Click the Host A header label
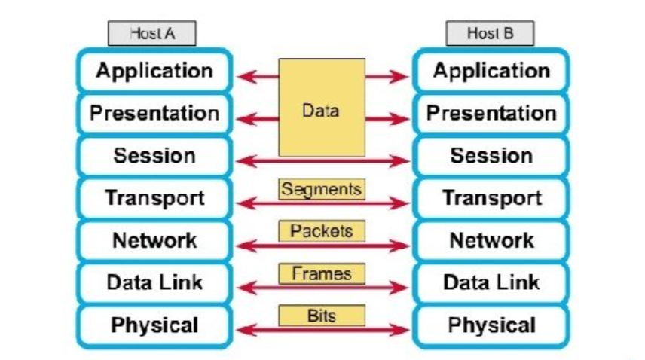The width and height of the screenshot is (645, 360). tap(152, 34)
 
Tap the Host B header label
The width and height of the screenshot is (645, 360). tap(490, 34)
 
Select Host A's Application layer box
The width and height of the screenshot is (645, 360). tap(154, 72)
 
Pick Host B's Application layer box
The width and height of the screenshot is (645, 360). tap(491, 72)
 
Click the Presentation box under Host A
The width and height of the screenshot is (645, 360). tap(154, 114)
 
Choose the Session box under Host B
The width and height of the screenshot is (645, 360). tap(491, 156)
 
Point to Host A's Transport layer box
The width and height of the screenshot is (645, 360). tap(154, 198)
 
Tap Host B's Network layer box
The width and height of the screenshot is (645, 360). tap(491, 240)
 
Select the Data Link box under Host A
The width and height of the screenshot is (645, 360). tap(154, 283)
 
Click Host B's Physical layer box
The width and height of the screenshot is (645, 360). tap(491, 325)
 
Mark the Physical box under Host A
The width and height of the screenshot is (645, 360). tap(154, 325)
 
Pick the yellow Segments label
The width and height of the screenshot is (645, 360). tap(322, 188)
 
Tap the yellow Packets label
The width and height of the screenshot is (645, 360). tap(322, 230)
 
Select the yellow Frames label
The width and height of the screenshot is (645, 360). tap(322, 273)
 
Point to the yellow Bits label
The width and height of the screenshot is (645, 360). tap(322, 315)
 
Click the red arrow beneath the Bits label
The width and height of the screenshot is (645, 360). tap(322, 329)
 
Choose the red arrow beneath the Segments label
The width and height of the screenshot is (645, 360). tap(322, 203)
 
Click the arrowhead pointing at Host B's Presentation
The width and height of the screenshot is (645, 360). tap(403, 118)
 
